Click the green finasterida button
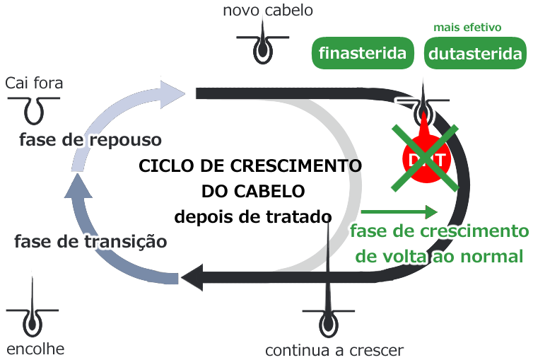click(363, 53)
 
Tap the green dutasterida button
click(476, 53)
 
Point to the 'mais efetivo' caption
click(467, 28)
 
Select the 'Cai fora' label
click(34, 83)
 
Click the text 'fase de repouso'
click(90, 139)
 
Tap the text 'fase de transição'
click(90, 241)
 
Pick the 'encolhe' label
click(35, 349)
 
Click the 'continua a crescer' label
click(334, 350)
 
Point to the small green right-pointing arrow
click(399, 211)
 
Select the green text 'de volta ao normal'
click(439, 256)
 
